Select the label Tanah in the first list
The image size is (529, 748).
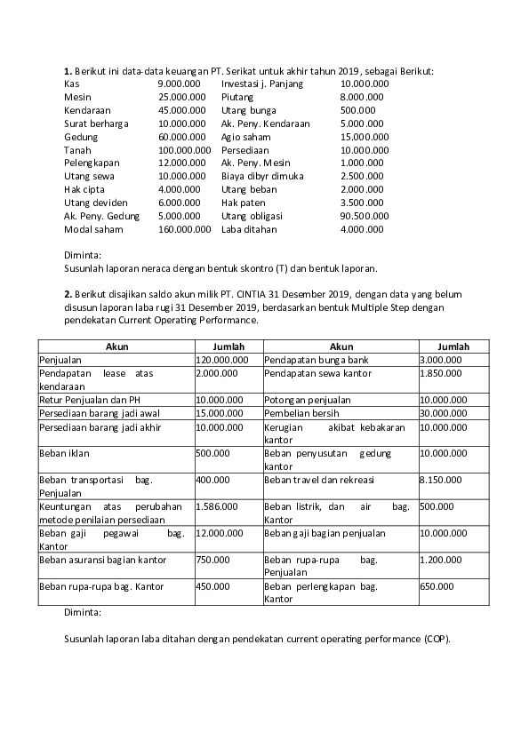77,150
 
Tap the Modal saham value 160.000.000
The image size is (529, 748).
184,229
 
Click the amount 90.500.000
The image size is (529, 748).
365,216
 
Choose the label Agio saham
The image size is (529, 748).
245,137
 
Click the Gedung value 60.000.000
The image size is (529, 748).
181,137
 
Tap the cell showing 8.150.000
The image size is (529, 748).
440,480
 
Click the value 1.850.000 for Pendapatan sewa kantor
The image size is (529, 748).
440,375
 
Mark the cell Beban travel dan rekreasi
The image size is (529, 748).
319,480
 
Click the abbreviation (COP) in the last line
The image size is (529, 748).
437,639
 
